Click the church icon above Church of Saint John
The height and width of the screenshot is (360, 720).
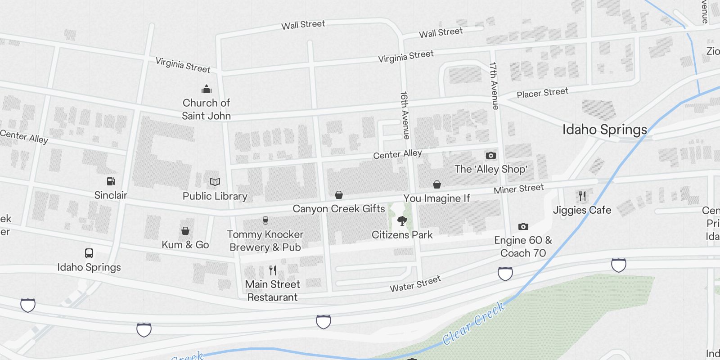pyautogui.click(x=207, y=89)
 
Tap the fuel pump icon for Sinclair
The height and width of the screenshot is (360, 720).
pyautogui.click(x=111, y=181)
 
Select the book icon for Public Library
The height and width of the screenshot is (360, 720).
pyautogui.click(x=215, y=182)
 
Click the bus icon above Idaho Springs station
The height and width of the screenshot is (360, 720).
pyautogui.click(x=89, y=253)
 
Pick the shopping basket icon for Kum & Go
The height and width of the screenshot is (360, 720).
pyautogui.click(x=185, y=231)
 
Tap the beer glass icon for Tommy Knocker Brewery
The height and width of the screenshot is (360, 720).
pyautogui.click(x=265, y=220)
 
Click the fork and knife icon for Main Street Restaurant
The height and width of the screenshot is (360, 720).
pyautogui.click(x=273, y=270)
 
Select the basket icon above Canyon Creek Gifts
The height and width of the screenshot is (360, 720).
pyautogui.click(x=339, y=195)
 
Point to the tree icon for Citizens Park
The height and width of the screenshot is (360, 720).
pyautogui.click(x=402, y=221)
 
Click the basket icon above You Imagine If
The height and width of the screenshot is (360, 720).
pyautogui.click(x=436, y=184)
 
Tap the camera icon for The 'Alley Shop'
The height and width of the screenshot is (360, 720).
pyautogui.click(x=490, y=156)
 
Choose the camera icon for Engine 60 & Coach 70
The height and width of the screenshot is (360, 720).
pyautogui.click(x=523, y=226)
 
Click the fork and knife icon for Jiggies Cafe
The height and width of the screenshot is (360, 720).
pyautogui.click(x=582, y=196)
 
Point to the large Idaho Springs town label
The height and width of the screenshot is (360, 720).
pyautogui.click(x=604, y=130)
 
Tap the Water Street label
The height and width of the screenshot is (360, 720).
pyautogui.click(x=415, y=284)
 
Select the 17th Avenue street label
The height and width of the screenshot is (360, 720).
pyautogui.click(x=494, y=85)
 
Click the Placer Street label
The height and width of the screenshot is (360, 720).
pyautogui.click(x=542, y=93)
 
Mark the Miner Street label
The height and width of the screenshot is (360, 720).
pyautogui.click(x=518, y=189)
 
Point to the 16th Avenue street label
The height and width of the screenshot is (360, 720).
pyautogui.click(x=405, y=115)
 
